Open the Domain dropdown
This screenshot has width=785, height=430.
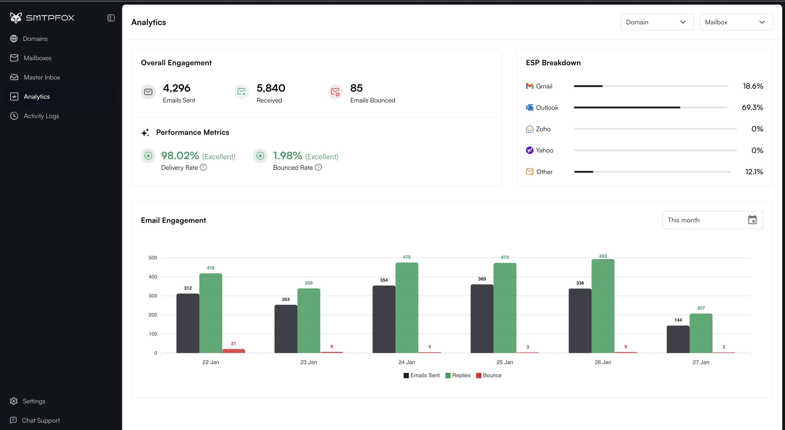[x=657, y=22]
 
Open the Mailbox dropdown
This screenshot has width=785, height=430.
[x=736, y=22]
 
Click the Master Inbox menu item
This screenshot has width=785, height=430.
[x=42, y=77]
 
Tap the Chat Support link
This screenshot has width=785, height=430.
[x=41, y=420]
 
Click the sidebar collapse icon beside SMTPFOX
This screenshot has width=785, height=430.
[x=111, y=18]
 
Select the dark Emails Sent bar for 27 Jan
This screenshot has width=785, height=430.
[x=678, y=339]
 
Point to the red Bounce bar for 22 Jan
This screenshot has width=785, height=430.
[x=233, y=351]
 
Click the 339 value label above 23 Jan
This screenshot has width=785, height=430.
[x=308, y=283]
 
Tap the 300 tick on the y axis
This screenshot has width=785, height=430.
[x=153, y=296]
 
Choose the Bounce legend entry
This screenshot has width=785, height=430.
[x=489, y=375]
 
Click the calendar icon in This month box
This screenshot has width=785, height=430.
[x=752, y=220]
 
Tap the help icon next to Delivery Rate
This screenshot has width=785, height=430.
[x=203, y=167]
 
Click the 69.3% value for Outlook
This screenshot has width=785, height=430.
[x=752, y=107]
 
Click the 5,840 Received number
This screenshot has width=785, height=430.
[x=271, y=88]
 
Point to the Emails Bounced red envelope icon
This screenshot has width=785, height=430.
[x=335, y=92]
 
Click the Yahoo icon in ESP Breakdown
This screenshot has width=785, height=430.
[x=529, y=150]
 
